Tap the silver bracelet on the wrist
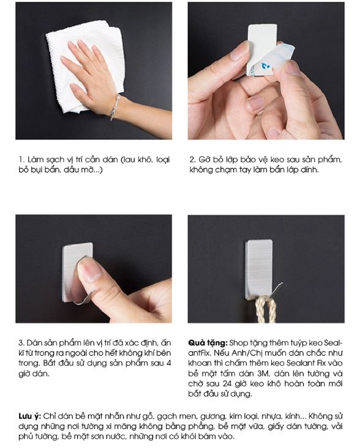coord(115,108)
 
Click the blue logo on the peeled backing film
coord(266,66)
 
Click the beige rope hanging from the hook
coord(266,309)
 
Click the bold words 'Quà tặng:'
coord(208,343)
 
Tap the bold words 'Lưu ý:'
coord(30,416)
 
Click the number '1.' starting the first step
coord(21,160)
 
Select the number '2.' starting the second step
coord(193,160)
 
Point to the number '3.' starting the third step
coord(22,343)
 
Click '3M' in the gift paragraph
coord(263,373)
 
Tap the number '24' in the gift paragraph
coord(227,383)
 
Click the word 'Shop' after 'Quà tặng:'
coord(238,343)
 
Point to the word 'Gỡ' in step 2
coord(203,160)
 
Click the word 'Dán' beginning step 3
coord(33,343)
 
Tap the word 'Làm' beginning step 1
coord(33,160)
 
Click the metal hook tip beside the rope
coord(281,284)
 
